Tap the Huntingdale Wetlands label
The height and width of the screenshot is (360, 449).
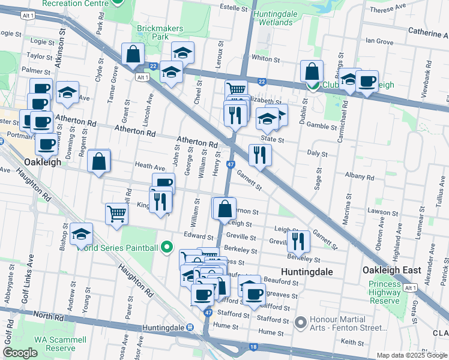point(281,18)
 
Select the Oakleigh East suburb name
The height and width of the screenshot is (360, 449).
point(391,271)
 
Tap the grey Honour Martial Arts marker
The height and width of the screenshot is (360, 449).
point(301,323)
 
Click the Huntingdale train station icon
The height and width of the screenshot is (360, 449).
point(190,328)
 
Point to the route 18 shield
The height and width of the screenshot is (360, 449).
point(253,347)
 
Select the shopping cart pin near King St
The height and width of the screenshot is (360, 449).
point(116,214)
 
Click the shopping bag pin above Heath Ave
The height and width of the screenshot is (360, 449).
point(99,161)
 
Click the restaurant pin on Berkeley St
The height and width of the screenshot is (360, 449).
point(298,241)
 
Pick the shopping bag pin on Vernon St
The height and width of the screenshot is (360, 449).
point(224,209)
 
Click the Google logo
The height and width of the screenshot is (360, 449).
point(20,353)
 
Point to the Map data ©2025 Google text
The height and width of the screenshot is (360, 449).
point(411,355)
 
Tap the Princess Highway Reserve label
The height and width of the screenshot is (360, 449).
point(385,292)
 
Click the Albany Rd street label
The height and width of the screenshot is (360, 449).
point(360,178)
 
